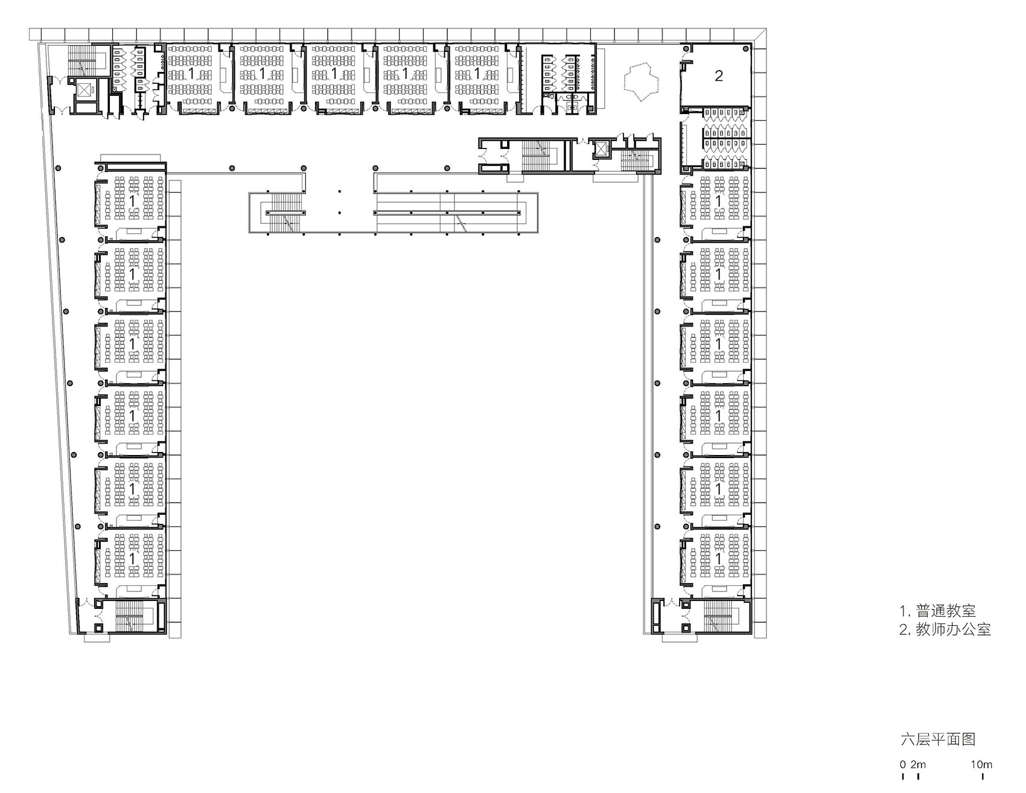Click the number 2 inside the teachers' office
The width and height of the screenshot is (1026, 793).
[718, 76]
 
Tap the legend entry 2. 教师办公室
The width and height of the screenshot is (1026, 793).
[945, 629]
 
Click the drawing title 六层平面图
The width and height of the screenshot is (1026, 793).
[937, 739]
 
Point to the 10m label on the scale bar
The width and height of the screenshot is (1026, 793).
[981, 765]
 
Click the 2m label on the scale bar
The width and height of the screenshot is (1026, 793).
[918, 765]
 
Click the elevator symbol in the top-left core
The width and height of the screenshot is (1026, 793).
[84, 91]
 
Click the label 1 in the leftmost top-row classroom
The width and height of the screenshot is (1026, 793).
[191, 74]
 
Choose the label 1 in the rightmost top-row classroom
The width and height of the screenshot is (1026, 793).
[477, 74]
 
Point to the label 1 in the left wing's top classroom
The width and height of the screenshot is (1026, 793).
[132, 200]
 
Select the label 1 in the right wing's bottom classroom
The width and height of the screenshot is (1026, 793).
[718, 559]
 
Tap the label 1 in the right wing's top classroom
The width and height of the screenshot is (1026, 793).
[718, 200]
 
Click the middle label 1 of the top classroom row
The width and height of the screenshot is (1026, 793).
[334, 74]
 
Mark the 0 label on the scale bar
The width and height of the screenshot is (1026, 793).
[903, 765]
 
